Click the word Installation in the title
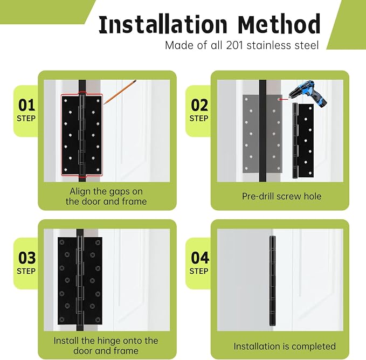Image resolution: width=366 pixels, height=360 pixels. [163, 24]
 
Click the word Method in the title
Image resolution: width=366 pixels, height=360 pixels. [279, 24]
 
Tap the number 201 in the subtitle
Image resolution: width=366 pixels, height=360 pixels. [235, 45]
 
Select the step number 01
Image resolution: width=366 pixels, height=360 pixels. [26, 105]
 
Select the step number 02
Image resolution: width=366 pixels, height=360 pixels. [199, 105]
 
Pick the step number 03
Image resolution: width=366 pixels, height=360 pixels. [27, 258]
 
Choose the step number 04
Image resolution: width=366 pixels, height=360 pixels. [199, 258]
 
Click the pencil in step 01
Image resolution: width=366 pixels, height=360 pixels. [120, 92]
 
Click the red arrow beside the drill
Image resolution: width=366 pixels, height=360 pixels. [282, 99]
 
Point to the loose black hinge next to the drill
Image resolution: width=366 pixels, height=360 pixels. [303, 141]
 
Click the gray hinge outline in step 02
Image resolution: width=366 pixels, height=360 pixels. [263, 134]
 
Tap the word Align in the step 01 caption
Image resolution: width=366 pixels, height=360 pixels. [80, 191]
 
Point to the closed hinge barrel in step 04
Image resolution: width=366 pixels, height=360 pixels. [272, 281]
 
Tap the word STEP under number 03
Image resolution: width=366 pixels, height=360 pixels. [26, 271]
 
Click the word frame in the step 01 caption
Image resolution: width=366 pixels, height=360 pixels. [134, 202]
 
